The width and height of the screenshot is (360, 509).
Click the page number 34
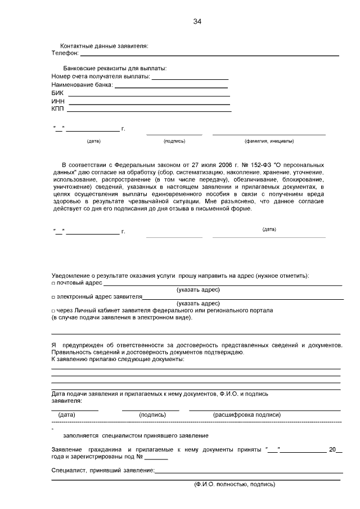click(196, 22)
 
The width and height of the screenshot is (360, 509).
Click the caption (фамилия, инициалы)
click(269, 141)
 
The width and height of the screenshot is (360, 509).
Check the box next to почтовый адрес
click(53, 283)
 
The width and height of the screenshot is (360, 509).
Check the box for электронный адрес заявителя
click(53, 297)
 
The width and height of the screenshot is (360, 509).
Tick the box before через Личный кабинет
click(53, 310)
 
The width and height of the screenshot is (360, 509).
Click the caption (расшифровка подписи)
click(247, 415)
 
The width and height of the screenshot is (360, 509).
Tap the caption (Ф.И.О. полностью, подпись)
click(235, 484)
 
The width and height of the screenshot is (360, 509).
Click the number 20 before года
click(332, 449)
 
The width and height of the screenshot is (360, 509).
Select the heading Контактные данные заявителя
click(104, 46)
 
